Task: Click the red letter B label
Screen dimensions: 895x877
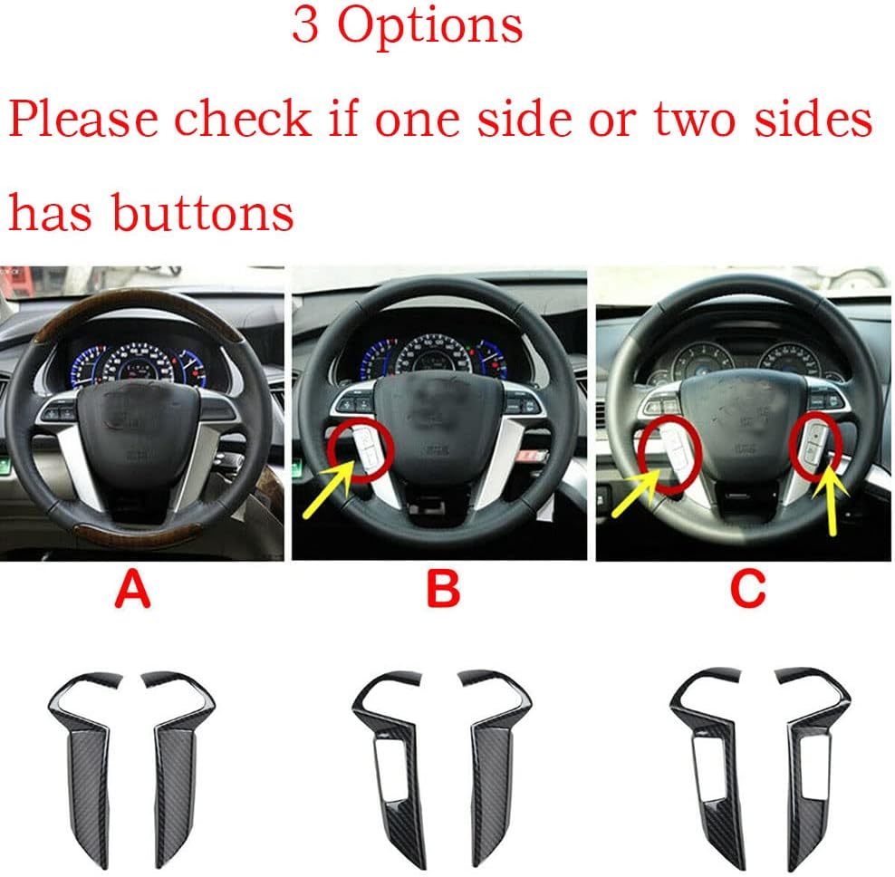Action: pos(443,589)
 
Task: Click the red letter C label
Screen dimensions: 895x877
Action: pos(747,589)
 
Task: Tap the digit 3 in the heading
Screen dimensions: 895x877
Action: pos(304,25)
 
